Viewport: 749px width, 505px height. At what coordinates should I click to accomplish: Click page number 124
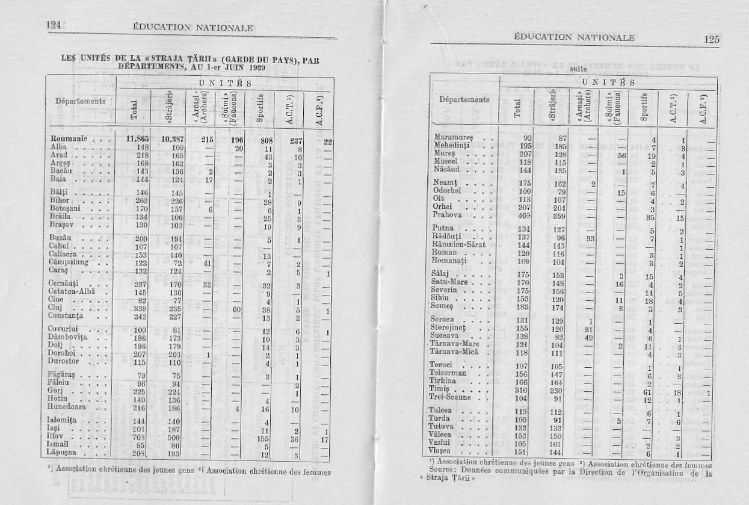pos(54,25)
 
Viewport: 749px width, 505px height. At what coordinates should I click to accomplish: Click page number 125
pos(711,39)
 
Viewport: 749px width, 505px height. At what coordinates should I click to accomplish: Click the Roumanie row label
pos(70,139)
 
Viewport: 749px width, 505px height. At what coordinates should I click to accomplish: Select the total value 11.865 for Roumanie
pos(137,139)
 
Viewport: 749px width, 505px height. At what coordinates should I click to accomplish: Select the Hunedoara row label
pos(71,407)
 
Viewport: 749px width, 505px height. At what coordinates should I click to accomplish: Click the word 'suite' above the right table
pos(576,69)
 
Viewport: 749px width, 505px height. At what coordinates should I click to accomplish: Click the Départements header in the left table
pos(81,101)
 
